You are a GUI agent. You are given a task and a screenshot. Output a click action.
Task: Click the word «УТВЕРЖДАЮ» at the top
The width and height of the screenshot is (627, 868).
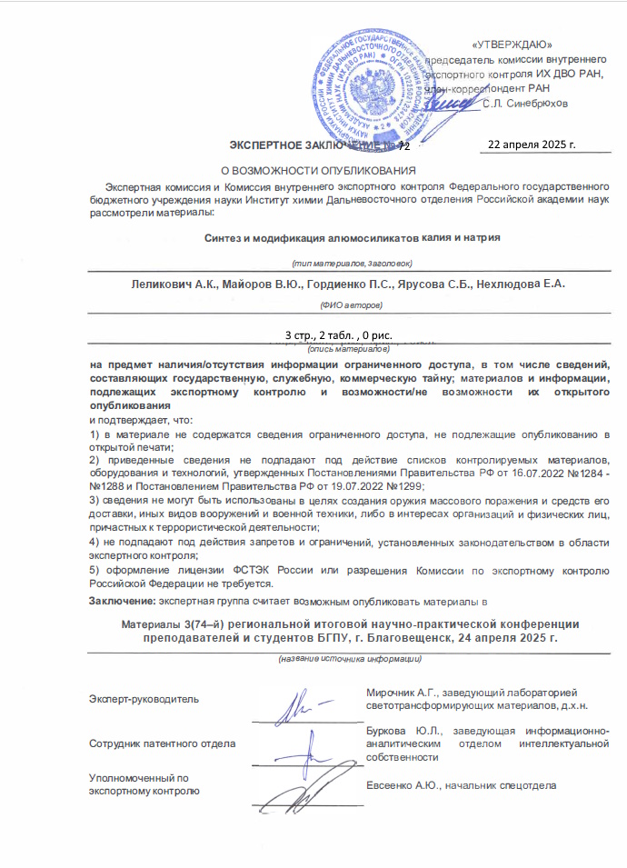click(513, 45)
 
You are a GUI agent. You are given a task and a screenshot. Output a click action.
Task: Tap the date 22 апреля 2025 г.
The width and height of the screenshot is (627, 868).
click(532, 145)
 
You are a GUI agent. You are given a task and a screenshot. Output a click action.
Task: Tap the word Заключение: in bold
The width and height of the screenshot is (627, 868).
click(123, 601)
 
